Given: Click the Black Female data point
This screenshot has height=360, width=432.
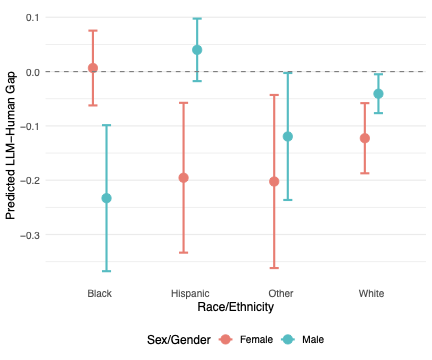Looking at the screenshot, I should coord(93,68).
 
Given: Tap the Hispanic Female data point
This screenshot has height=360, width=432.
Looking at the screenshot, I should coord(183,178).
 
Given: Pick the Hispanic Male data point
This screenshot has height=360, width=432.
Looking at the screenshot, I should coord(197,50).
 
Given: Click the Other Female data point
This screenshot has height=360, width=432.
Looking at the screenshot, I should coord(274,181).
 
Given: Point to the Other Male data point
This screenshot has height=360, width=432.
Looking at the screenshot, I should coord(288,136).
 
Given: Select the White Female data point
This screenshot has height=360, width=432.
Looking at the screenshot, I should coord(365,138).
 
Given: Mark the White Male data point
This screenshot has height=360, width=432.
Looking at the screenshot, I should coord(378,94).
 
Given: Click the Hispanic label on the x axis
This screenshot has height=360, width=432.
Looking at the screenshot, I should coord(190,293).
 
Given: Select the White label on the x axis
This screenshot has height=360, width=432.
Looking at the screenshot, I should coord(371,293).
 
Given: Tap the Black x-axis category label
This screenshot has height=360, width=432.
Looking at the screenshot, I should coord(99,293).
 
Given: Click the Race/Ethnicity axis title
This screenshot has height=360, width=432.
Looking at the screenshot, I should coord(236,306).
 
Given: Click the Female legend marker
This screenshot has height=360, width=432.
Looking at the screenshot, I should coord(226,340).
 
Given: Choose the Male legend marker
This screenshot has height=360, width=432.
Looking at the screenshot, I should coord(289,340).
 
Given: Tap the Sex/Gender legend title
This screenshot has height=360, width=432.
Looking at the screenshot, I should coord(176,340).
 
